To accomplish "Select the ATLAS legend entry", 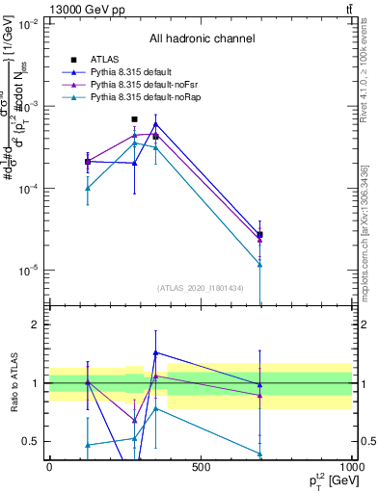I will [x=107, y=60].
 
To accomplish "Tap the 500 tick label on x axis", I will [x=201, y=467].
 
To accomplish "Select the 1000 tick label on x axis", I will [x=352, y=467].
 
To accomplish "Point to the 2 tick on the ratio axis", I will [x=35, y=325].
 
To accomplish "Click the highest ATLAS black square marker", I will [x=134, y=119].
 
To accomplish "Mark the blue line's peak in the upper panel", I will [x=155, y=124].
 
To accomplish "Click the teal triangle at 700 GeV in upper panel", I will [x=260, y=264].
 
